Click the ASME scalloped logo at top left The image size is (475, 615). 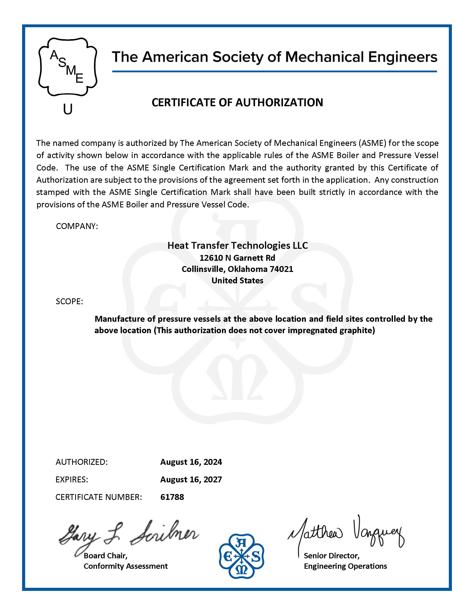click(x=68, y=67)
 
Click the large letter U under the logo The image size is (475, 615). click(x=68, y=109)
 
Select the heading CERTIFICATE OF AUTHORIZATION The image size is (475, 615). click(x=237, y=102)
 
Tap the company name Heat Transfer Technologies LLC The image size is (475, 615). click(x=237, y=245)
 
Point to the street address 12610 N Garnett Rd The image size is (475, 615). click(x=237, y=258)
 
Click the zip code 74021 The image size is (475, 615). click(x=281, y=269)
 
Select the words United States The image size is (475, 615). click(x=237, y=281)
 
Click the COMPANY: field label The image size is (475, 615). click(x=77, y=226)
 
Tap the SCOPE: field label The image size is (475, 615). click(x=69, y=301)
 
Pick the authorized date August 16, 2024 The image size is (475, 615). click(x=191, y=462)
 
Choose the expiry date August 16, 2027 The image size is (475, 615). click(x=191, y=479)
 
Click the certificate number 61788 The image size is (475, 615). click(x=172, y=497)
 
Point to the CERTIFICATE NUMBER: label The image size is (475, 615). click(x=99, y=497)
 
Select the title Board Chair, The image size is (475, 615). click(x=105, y=556)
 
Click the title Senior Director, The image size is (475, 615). click(x=331, y=556)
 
